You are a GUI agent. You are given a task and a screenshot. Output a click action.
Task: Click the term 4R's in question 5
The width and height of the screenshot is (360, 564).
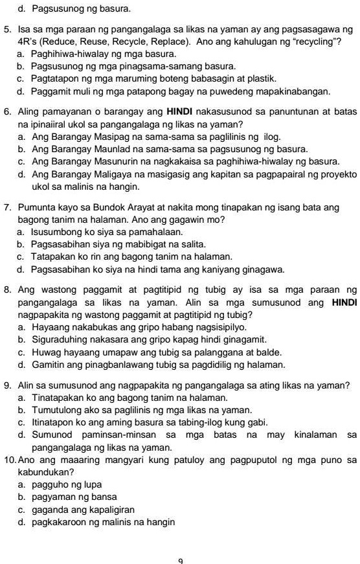click(x=27, y=42)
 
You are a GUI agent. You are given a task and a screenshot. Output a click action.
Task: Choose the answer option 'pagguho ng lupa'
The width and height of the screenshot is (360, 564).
click(x=67, y=484)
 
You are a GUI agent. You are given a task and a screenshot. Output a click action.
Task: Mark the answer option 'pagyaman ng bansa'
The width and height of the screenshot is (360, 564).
click(x=71, y=497)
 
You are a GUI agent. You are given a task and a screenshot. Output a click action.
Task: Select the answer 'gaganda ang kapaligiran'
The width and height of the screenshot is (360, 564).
click(x=83, y=509)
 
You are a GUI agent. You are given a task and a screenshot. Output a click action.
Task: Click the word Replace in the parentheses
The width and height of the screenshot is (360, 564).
click(x=170, y=42)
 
